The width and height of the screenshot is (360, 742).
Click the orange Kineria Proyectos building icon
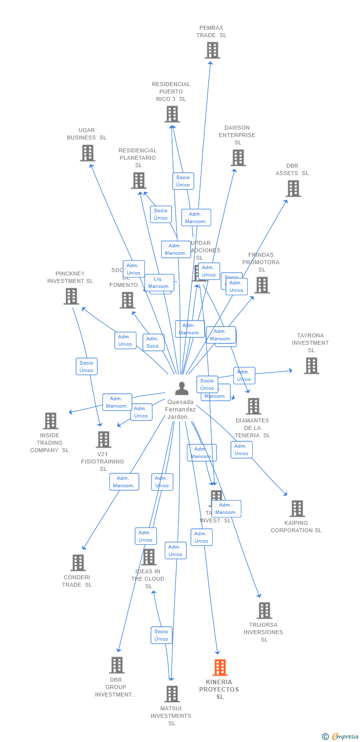point(220,667)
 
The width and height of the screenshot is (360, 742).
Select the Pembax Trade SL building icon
point(212,50)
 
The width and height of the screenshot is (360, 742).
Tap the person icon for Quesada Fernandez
point(182,389)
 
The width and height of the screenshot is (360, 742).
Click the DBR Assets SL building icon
point(293,188)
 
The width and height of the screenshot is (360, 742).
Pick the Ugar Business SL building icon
point(88,153)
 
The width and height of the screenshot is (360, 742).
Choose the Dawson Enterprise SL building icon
point(238,158)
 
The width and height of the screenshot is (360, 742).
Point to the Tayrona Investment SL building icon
point(311,366)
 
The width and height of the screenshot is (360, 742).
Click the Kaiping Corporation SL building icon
point(297,509)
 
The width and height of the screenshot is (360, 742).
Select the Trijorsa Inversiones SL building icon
point(264,610)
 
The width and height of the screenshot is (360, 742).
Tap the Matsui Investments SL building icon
point(172,694)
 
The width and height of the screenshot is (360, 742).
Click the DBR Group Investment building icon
point(117,665)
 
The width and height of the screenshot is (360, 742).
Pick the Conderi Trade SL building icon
point(78,562)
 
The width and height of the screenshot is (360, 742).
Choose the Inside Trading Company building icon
point(50,421)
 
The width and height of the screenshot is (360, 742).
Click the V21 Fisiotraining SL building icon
point(103,439)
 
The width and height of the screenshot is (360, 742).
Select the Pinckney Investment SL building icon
point(71,296)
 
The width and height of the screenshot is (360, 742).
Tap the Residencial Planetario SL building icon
point(138,181)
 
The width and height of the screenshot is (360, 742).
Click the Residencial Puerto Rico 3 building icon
point(172,114)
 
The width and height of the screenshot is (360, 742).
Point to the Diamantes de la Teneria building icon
point(253,406)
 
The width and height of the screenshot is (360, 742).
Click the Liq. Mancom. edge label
point(159,282)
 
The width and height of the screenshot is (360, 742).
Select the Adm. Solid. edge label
point(153,342)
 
